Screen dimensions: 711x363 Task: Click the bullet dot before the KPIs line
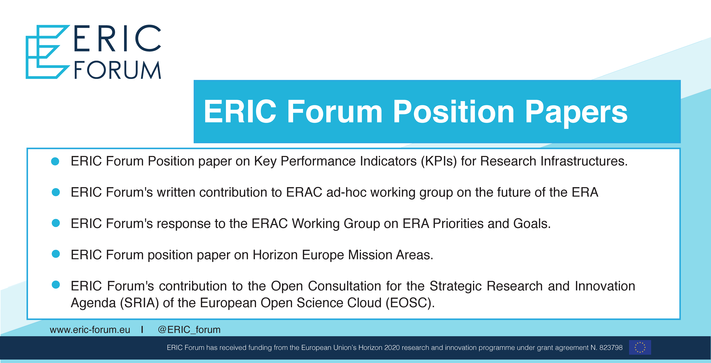55,161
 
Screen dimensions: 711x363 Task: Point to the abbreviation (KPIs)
439,161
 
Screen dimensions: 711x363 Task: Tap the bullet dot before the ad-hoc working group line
56,192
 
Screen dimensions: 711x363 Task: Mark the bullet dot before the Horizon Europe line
56,254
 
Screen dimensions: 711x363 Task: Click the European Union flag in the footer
640,347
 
